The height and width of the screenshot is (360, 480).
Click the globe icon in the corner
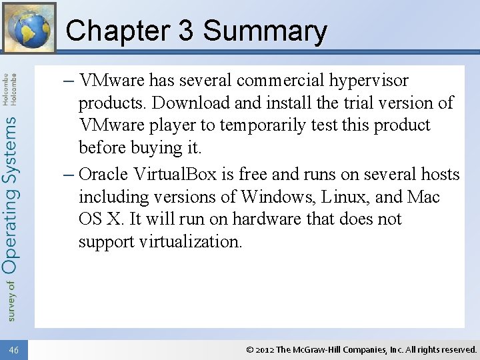[x=29, y=27]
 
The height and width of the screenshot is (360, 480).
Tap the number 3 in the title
[x=185, y=31]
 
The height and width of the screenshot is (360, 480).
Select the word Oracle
[x=103, y=175]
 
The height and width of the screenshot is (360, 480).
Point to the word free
[x=254, y=175]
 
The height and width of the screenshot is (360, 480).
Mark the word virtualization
[x=191, y=241]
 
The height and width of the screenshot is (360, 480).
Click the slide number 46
[x=14, y=349]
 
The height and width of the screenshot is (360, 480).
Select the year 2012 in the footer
[x=264, y=349]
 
